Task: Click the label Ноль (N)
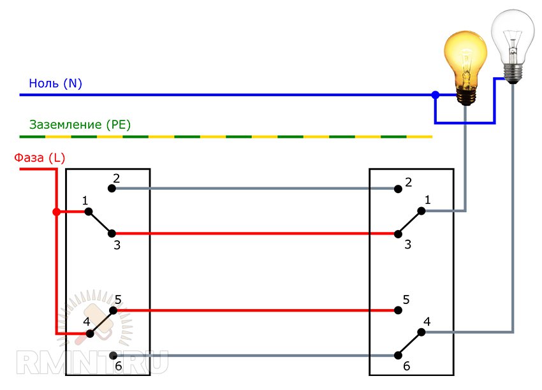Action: [55, 83]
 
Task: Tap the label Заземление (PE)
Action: [80, 125]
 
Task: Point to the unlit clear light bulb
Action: [513, 41]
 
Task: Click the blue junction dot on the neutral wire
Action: [436, 95]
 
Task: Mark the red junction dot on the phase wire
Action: [56, 212]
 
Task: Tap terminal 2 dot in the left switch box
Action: [112, 189]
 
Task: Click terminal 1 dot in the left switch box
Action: [89, 211]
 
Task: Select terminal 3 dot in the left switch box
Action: [112, 233]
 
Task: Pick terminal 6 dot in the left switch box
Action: [112, 355]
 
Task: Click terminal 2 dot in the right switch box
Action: [398, 189]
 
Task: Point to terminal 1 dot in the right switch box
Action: [421, 211]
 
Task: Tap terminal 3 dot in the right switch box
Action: [398, 233]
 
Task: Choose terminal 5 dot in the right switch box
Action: [398, 311]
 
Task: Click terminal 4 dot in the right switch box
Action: [421, 332]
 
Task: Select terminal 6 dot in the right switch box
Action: [398, 355]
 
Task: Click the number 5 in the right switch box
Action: [406, 299]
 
